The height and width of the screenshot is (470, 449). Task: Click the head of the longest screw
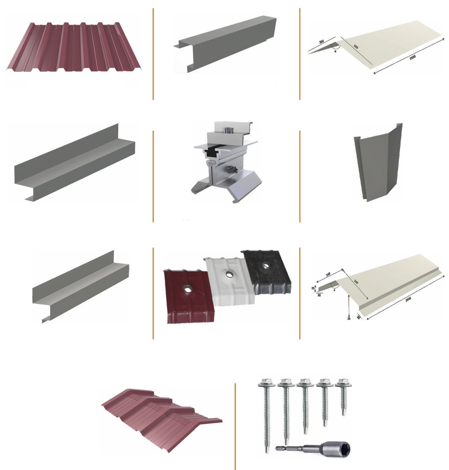point(264,382)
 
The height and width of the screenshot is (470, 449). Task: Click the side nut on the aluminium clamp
point(233,169)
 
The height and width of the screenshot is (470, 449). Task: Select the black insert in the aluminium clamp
point(212,152)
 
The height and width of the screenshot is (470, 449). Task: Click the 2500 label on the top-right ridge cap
point(412,57)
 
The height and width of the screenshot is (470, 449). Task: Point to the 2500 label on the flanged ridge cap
point(408,299)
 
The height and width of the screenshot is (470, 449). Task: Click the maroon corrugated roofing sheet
point(73,47)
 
